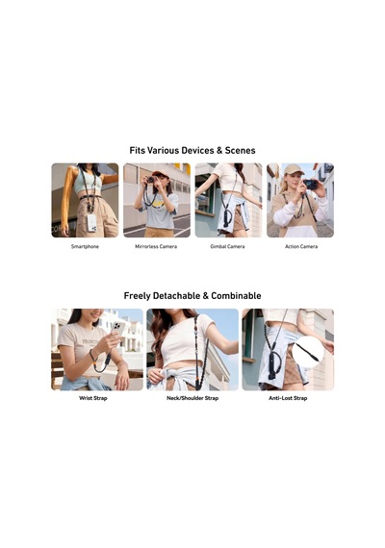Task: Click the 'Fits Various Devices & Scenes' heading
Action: click(192, 150)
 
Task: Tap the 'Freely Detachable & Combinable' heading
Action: click(192, 296)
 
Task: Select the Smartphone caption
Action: click(85, 246)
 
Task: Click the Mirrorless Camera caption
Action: click(156, 246)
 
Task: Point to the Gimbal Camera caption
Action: click(227, 246)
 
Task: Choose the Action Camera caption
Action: click(301, 246)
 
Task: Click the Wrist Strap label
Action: click(93, 398)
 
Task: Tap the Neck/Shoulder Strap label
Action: click(192, 398)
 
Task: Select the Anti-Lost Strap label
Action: click(288, 398)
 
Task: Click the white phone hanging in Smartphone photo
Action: click(91, 223)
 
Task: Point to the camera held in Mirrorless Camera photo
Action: click(151, 180)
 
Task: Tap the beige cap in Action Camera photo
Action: click(293, 169)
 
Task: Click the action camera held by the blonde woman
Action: click(311, 185)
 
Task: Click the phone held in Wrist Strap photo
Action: click(118, 328)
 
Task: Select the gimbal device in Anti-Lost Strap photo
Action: click(271, 366)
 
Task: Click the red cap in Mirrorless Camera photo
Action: click(160, 173)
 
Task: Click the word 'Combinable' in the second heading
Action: click(236, 296)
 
